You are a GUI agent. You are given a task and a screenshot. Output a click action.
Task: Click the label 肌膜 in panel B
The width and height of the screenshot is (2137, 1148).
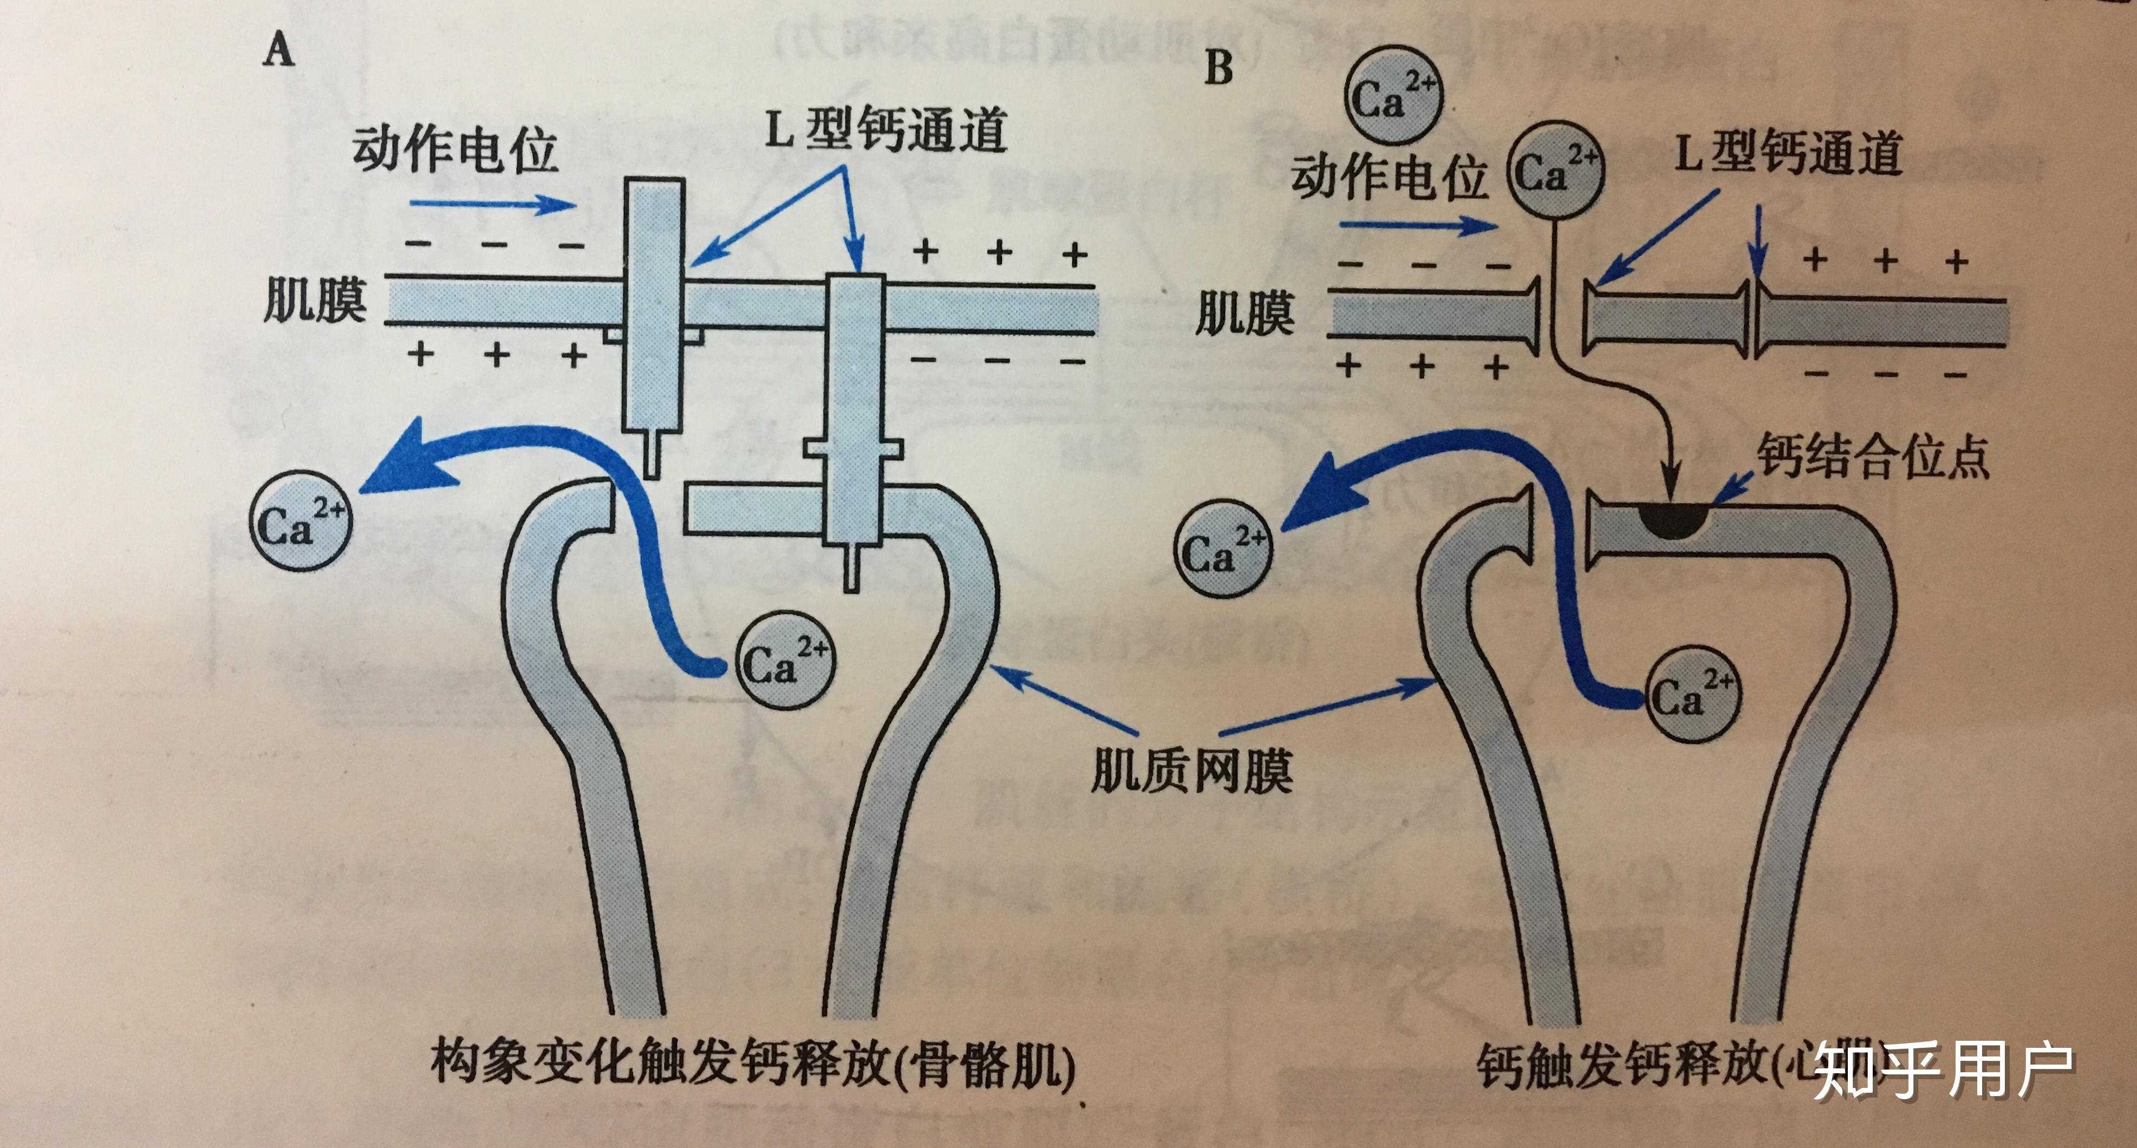click(x=1245, y=315)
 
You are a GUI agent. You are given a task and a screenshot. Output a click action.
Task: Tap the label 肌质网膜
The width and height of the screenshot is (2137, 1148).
click(x=1191, y=771)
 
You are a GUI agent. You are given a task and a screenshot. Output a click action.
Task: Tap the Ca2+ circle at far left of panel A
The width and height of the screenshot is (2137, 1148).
click(x=301, y=520)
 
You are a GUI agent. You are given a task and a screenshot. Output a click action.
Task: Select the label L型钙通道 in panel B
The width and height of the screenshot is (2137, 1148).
click(x=1788, y=153)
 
